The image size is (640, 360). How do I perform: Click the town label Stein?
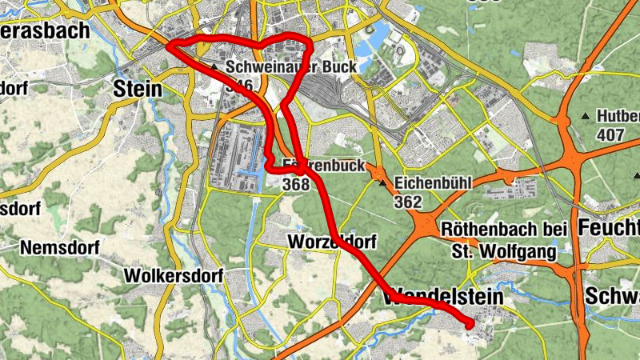click(x=138, y=88)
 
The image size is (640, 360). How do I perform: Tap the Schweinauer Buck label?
click(x=289, y=68)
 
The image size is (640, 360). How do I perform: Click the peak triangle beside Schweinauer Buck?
click(x=215, y=68)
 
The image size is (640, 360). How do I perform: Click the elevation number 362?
click(x=407, y=202)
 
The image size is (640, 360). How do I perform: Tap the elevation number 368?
click(x=295, y=184)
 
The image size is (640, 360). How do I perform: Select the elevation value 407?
click(x=610, y=134)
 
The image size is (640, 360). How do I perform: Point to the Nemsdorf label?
click(x=59, y=248)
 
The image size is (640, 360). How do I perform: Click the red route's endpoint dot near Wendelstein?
click(x=470, y=324)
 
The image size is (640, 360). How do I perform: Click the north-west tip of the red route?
click(x=170, y=46)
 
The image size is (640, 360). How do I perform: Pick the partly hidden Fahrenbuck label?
click(x=324, y=166)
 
